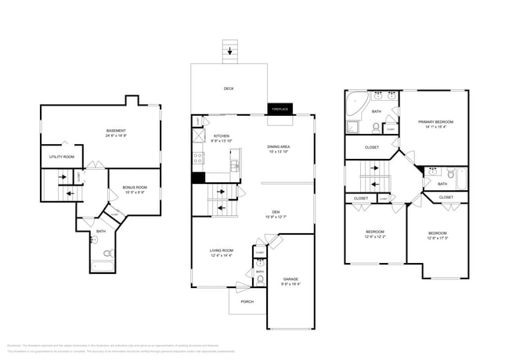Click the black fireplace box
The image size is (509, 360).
point(280,110)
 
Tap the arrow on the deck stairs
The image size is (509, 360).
point(229,52)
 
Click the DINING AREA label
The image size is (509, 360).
point(278,146)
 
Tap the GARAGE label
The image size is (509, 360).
point(291,279)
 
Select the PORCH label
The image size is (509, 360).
point(247,301)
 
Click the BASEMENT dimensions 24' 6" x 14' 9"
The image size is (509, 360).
point(116,135)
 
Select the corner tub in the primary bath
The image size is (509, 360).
point(355,102)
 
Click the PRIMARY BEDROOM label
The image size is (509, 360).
point(435,121)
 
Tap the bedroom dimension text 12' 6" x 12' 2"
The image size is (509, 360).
point(375,236)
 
